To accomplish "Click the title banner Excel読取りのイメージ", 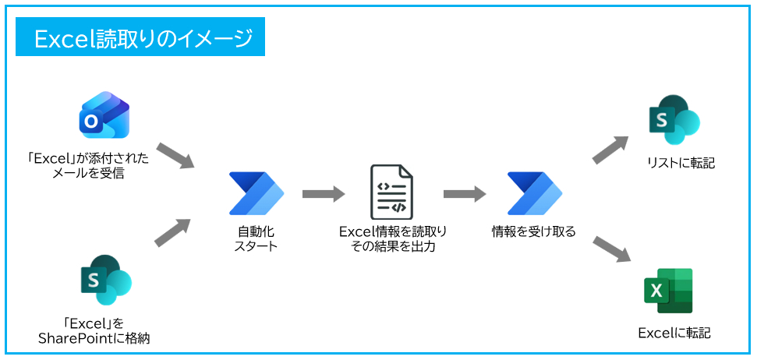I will point(140,38).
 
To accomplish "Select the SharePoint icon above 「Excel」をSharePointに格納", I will point(105,280).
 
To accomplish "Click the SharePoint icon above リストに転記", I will point(674,121).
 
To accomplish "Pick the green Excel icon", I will point(668,291).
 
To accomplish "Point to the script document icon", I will point(391,192).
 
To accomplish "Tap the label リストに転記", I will point(675,164).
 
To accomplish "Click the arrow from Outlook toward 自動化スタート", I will point(175,155).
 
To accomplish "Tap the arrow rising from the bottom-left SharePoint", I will point(172,232).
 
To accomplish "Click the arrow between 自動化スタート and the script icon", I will point(323,193).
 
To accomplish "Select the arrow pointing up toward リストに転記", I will point(610,150).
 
